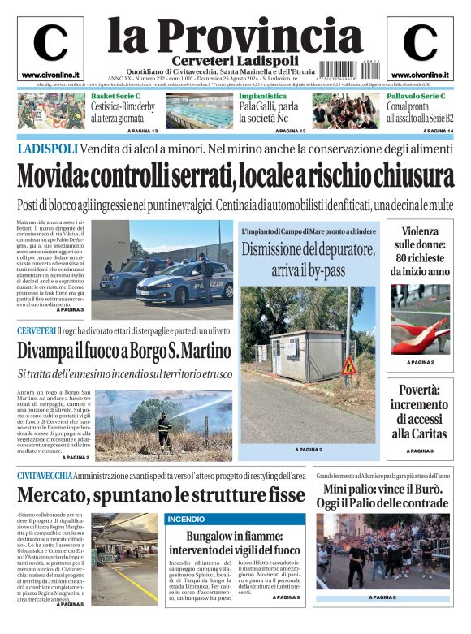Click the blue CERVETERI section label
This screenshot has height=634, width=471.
[37, 330]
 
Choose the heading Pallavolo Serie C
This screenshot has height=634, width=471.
[416, 97]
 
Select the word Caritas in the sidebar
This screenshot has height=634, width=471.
[420, 434]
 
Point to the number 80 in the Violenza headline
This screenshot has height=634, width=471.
[400, 257]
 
